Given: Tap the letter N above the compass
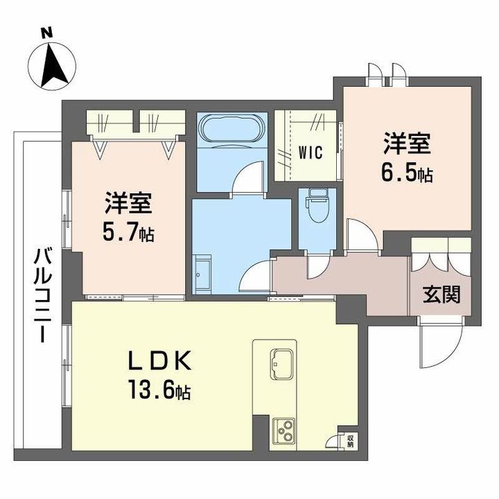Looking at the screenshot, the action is click(47, 33).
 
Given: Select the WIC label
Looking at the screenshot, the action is click(310, 152).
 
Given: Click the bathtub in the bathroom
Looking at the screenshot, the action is click(231, 129).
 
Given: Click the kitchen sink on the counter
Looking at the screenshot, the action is click(281, 364).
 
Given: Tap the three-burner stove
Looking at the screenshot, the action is click(284, 430).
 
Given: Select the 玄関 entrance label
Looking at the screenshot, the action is click(441, 295).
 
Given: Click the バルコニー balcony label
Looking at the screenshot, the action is click(43, 296).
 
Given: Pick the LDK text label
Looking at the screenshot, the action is click(159, 360).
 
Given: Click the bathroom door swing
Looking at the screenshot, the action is click(248, 177).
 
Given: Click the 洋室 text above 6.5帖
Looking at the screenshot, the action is click(408, 144).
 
